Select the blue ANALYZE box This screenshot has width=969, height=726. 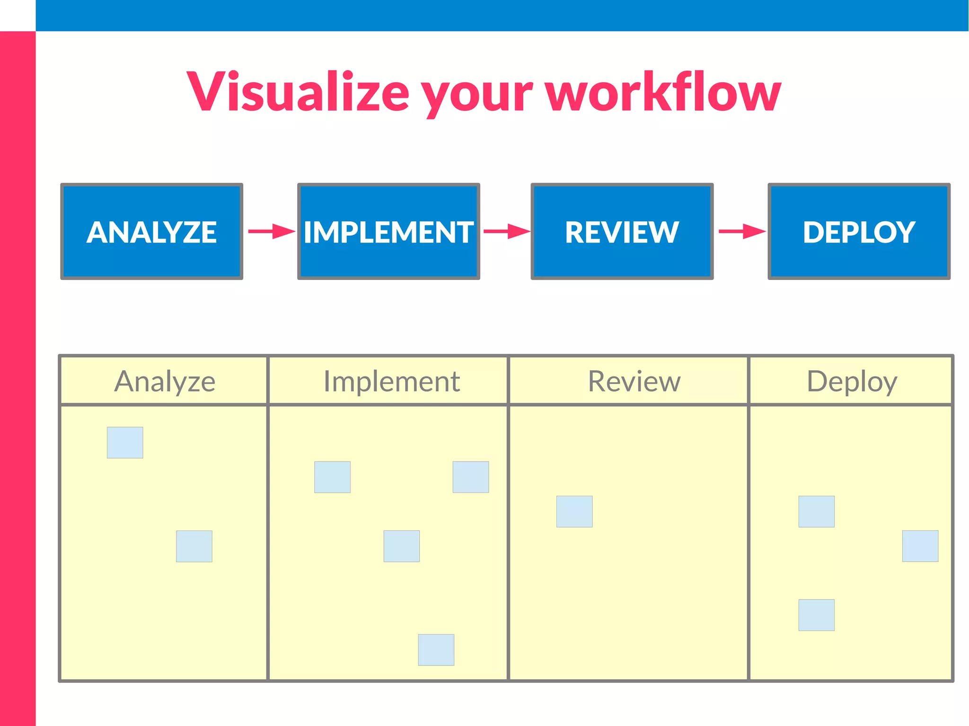[151, 231]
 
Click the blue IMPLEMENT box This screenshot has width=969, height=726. [388, 231]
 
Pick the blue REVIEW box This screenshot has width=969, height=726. [622, 231]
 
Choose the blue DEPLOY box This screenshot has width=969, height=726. [859, 231]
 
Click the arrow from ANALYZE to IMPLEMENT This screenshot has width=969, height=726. [271, 231]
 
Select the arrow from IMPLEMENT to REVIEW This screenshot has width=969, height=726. [506, 231]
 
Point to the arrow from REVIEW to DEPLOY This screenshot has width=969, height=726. [741, 231]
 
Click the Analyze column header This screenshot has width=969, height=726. [164, 381]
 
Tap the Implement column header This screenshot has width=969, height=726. [391, 381]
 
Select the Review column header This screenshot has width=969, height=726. [634, 381]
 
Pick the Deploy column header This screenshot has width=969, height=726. [851, 381]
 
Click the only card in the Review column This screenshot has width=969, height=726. [574, 511]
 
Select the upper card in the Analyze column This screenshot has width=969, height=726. [125, 442]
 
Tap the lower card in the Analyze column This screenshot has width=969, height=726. [194, 546]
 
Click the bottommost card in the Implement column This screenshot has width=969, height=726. [436, 649]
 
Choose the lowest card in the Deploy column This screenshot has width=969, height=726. [816, 615]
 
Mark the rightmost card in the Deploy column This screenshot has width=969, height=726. [920, 546]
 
